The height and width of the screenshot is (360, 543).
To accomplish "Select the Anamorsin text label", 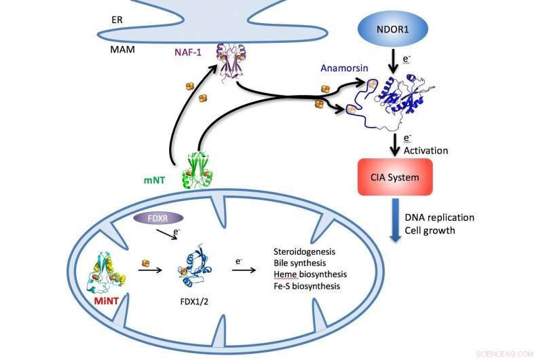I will pyautogui.click(x=343, y=69).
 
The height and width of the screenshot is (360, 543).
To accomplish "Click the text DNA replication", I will pyautogui.click(x=439, y=217).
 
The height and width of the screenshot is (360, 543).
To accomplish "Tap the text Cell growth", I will pyautogui.click(x=429, y=230).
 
